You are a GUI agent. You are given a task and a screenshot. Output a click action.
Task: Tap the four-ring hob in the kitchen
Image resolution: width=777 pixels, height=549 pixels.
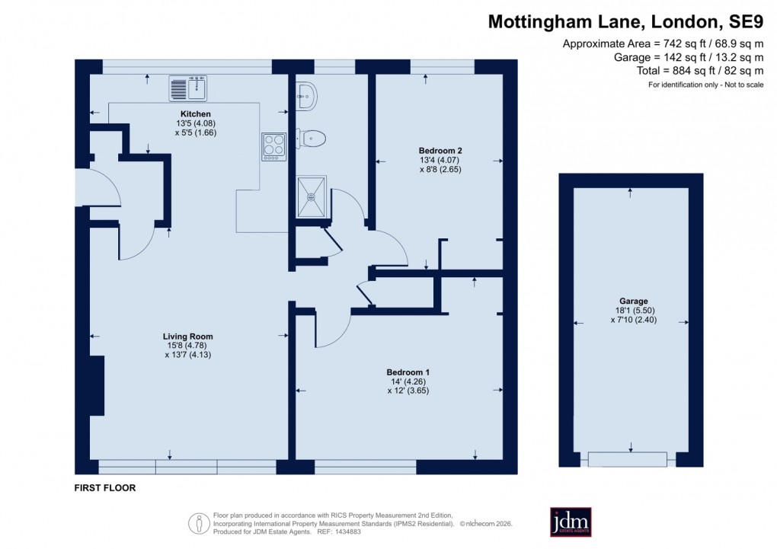[x=273, y=145]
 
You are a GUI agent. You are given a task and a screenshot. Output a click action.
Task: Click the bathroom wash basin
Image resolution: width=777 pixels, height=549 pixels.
[x=308, y=95]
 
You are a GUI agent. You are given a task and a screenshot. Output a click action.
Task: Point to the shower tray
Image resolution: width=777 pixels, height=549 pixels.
[x=311, y=196]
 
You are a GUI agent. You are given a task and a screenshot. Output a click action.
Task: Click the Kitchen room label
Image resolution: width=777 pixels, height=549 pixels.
[x=174, y=114]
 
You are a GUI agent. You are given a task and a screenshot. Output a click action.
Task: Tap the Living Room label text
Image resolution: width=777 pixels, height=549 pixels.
[x=187, y=336]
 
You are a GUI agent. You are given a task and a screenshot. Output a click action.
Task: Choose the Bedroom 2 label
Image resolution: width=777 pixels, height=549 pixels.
[x=440, y=151]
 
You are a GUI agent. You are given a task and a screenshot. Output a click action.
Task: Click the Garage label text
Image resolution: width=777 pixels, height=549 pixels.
[x=628, y=300]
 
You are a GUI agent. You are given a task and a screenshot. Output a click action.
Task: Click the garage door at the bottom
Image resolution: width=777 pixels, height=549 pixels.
[x=628, y=459]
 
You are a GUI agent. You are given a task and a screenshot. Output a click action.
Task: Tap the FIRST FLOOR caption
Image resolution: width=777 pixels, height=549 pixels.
[x=105, y=488]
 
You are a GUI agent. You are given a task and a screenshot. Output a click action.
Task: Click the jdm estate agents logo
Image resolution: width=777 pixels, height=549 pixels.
[x=571, y=522]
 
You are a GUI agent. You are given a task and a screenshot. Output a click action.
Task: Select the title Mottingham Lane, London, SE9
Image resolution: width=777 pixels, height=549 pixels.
[x=625, y=22]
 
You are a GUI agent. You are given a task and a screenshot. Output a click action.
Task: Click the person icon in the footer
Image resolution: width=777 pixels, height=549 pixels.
[x=199, y=523]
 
